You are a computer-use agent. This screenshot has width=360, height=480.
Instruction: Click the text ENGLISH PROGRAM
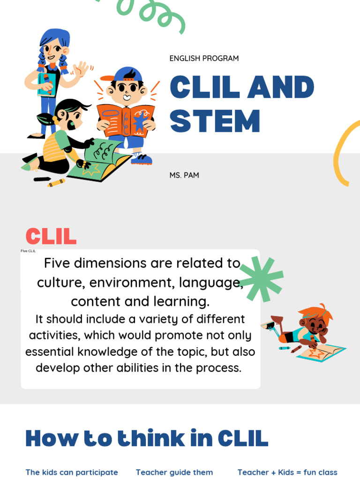pyautogui.click(x=204, y=59)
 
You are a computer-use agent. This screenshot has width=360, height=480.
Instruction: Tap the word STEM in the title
pyautogui.click(x=215, y=121)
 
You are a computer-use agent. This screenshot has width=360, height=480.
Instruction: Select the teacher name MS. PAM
pyautogui.click(x=184, y=175)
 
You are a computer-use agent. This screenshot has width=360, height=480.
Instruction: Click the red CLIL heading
pyautogui.click(x=51, y=237)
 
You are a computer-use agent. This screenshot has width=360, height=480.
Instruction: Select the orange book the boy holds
pyautogui.click(x=126, y=120)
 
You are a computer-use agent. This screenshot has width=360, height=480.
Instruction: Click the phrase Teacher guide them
pyautogui.click(x=174, y=472)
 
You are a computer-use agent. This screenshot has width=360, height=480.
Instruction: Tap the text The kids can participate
pyautogui.click(x=72, y=472)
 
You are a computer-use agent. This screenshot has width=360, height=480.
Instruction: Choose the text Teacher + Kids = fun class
pyautogui.click(x=287, y=472)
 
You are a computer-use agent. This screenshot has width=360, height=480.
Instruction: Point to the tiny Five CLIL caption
pyautogui.click(x=28, y=251)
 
